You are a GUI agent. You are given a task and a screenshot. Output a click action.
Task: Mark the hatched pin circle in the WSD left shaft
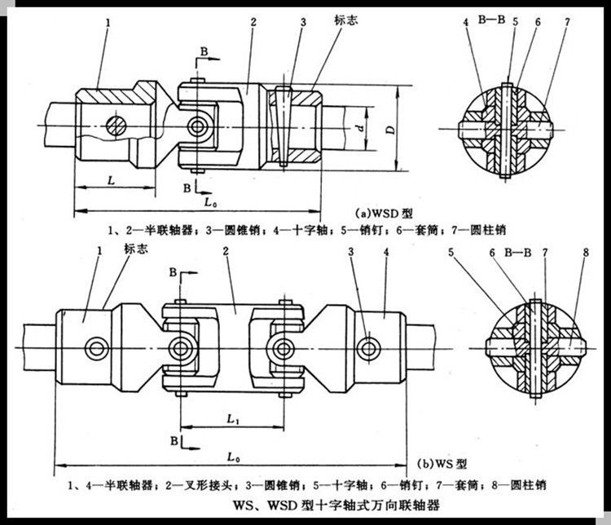coord(118,126)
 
